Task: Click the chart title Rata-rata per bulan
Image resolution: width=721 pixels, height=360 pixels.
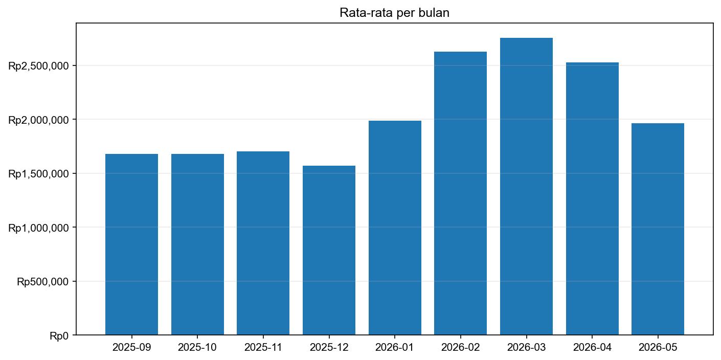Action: click(x=394, y=13)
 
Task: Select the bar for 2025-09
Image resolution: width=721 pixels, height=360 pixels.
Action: click(x=131, y=244)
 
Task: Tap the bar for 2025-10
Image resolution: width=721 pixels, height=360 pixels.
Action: click(x=197, y=244)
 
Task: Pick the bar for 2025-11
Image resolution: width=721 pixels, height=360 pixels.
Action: click(x=263, y=243)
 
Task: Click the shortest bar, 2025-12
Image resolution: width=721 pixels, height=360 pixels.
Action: click(x=329, y=251)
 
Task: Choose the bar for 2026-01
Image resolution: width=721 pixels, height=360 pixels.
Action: click(x=395, y=228)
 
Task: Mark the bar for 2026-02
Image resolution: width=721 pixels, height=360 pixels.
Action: click(x=460, y=193)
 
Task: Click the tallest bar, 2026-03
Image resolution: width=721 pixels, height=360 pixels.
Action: click(x=526, y=187)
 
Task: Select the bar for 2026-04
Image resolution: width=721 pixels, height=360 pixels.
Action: click(x=592, y=199)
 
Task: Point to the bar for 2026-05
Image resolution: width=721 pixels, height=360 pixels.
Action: click(x=658, y=229)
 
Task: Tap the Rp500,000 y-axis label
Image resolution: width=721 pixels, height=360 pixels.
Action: click(x=43, y=281)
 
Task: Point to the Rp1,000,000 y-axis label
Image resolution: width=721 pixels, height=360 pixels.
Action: click(x=39, y=228)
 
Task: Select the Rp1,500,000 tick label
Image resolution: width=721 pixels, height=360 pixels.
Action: click(x=39, y=174)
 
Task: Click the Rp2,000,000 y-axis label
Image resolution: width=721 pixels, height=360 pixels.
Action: click(x=39, y=120)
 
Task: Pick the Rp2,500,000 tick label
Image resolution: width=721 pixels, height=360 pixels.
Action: click(x=39, y=66)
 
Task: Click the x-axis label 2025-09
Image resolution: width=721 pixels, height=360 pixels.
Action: click(x=131, y=348)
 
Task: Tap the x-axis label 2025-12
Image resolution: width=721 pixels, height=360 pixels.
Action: click(x=329, y=348)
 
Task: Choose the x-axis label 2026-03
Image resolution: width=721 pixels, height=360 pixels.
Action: click(x=526, y=348)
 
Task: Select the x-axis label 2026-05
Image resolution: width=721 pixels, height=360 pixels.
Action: click(x=658, y=348)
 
